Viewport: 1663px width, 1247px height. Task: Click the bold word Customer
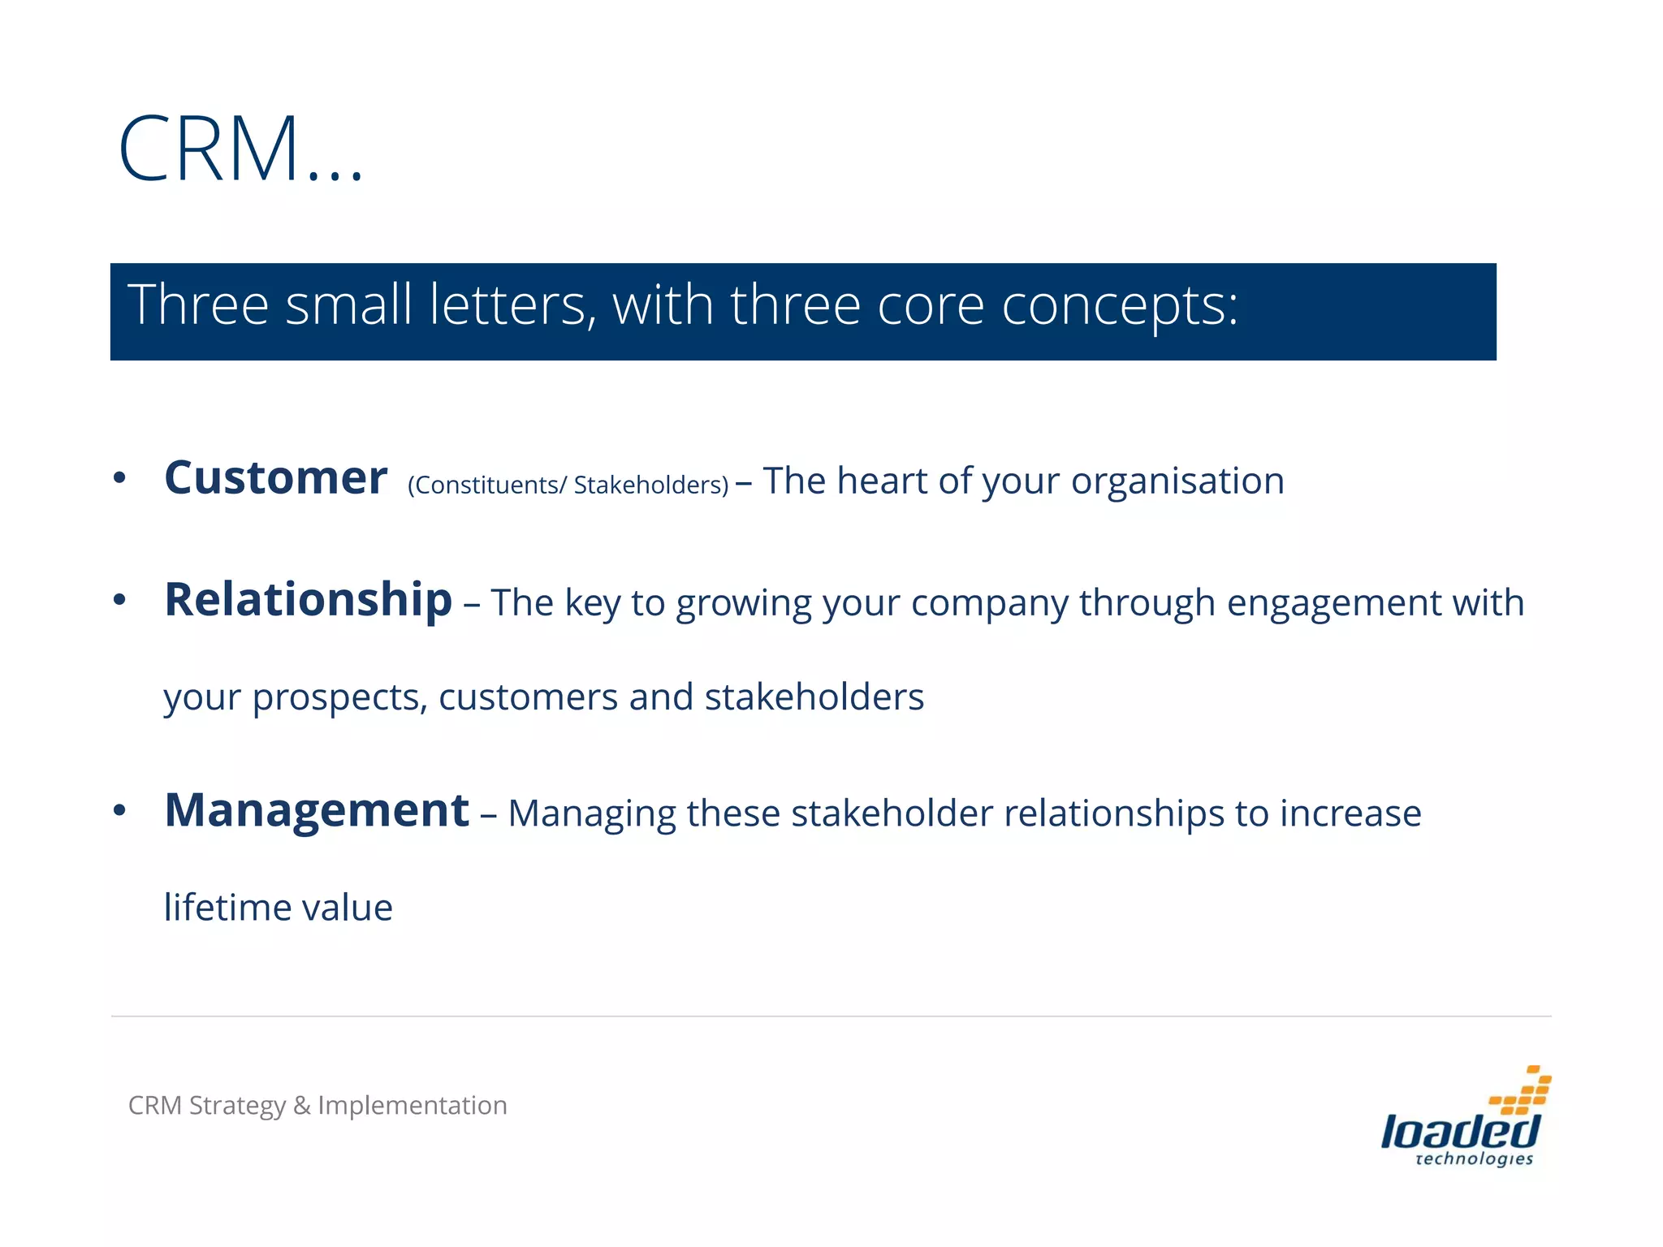tap(275, 477)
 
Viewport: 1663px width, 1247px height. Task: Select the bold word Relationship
tap(308, 600)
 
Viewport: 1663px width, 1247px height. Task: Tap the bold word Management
tap(317, 810)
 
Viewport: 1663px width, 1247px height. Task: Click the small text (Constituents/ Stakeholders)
tap(568, 485)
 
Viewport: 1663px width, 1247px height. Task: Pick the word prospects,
tap(339, 697)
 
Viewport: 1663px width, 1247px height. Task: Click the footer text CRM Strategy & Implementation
tap(317, 1105)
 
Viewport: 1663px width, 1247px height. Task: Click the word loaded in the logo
tap(1459, 1130)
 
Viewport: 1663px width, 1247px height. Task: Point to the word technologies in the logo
tap(1474, 1159)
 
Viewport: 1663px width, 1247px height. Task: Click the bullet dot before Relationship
tap(119, 601)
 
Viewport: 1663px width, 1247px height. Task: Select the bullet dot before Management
tap(119, 811)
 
